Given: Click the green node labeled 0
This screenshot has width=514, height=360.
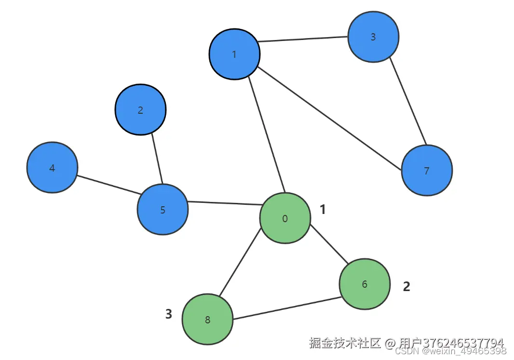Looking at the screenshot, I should (x=285, y=218).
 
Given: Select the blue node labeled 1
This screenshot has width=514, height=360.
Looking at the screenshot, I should (x=234, y=54).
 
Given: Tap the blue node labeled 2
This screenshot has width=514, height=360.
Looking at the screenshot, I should (x=140, y=110).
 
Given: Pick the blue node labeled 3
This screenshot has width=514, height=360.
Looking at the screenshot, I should (x=373, y=37).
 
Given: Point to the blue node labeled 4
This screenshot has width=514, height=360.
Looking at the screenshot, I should (x=52, y=168).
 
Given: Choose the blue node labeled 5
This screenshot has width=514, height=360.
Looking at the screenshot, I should (x=162, y=210).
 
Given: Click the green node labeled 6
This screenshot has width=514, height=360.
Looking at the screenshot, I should (x=365, y=284).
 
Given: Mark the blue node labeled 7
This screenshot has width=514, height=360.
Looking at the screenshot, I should (x=426, y=171).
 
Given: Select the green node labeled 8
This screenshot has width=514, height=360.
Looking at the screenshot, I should (x=207, y=320).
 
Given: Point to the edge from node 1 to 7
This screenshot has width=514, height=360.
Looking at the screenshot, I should (x=329, y=119).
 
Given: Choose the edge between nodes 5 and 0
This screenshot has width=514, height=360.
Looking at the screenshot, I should (x=224, y=203).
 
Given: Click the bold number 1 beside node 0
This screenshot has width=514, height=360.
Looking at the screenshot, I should (x=323, y=209).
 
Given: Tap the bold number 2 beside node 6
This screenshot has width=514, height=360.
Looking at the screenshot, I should (x=406, y=287).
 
